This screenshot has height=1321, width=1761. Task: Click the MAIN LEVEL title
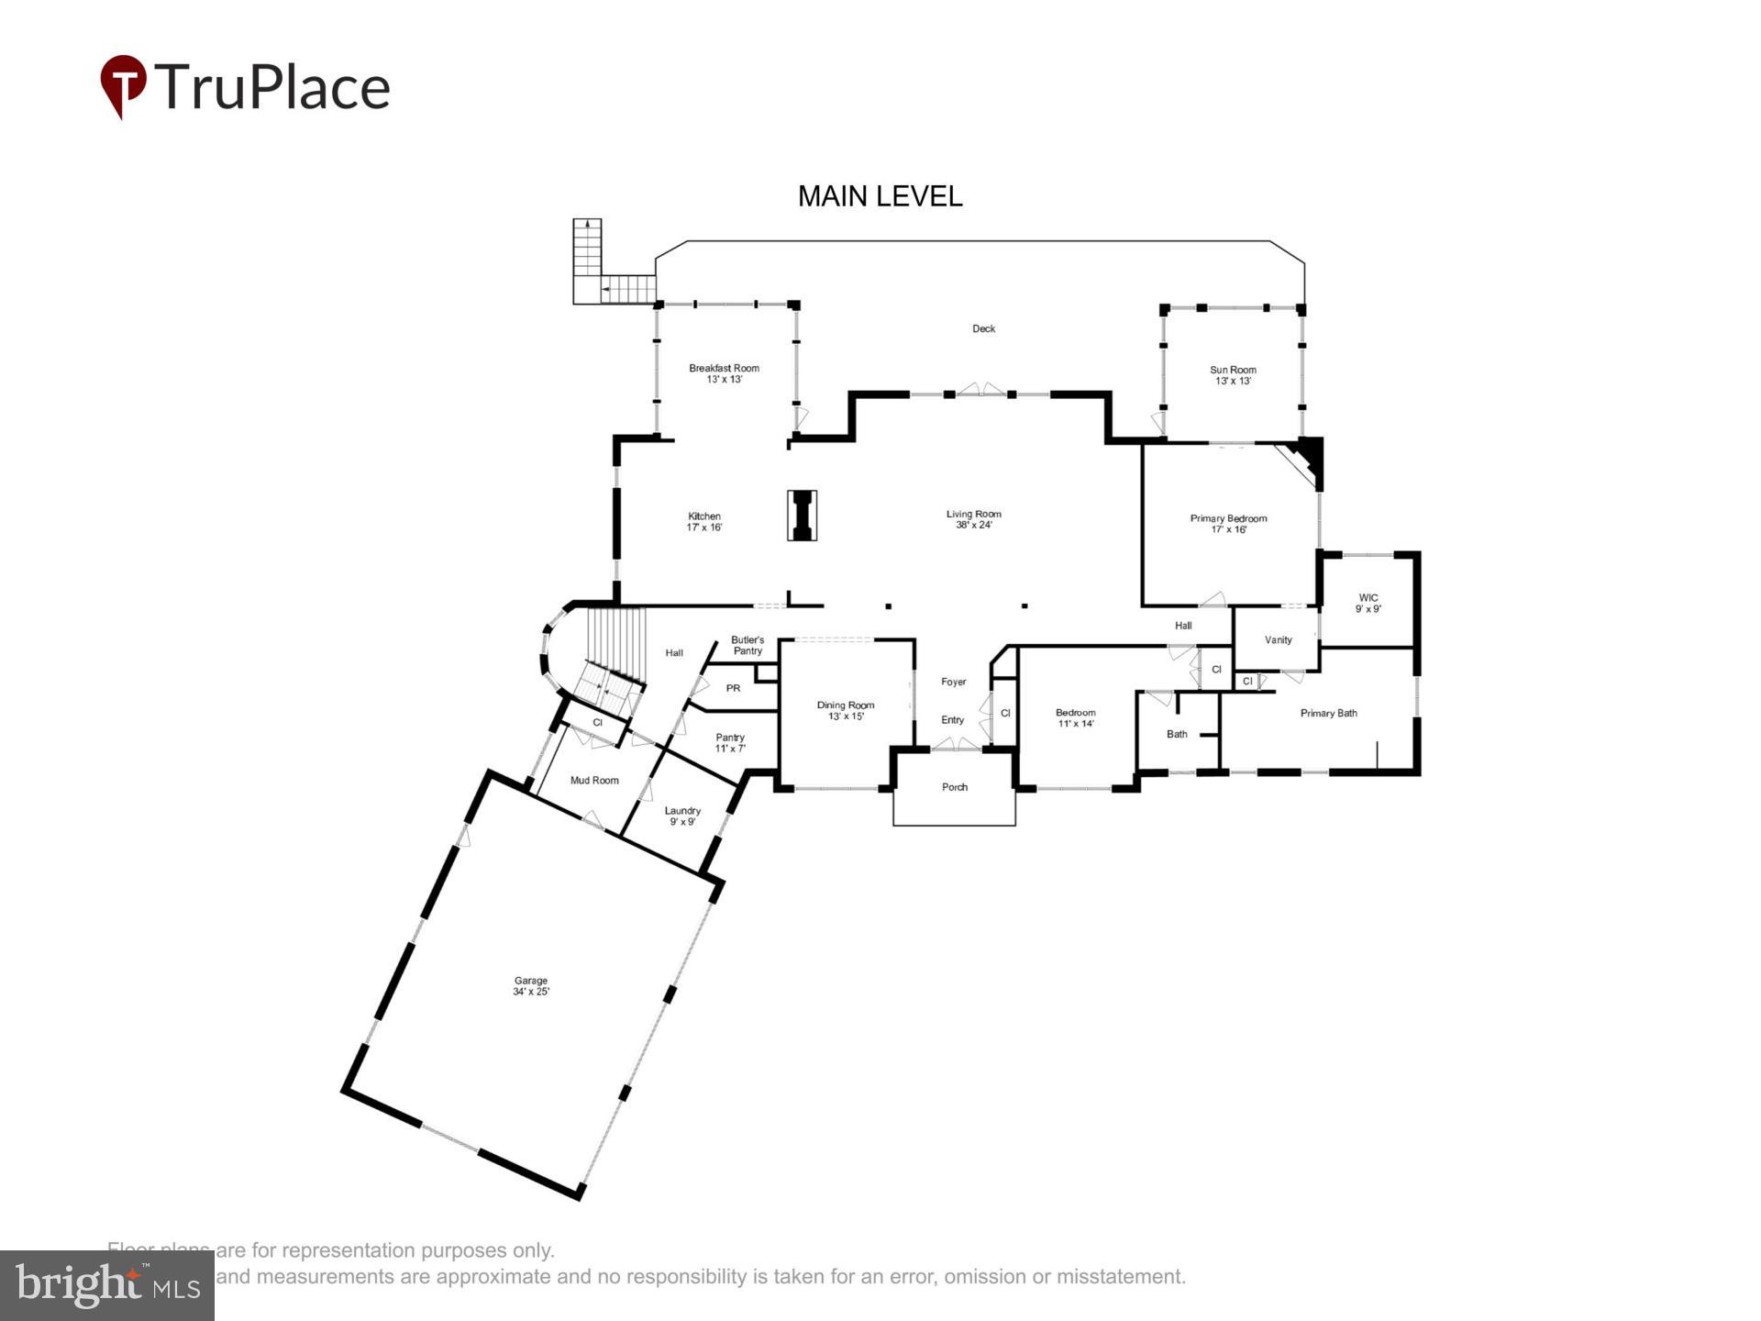[880, 196]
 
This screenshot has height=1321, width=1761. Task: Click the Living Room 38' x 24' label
[973, 519]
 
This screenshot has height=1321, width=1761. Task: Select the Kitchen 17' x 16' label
[704, 521]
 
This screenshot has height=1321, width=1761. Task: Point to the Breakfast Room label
[724, 373]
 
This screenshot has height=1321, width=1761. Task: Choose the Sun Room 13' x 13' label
[1233, 375]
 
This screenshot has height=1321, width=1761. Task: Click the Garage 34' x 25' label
[530, 986]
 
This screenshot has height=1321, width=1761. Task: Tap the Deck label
[983, 328]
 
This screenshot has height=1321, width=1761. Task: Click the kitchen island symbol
[803, 516]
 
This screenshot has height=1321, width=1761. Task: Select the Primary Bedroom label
[1228, 523]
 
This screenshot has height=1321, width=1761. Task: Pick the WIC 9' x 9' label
[1368, 603]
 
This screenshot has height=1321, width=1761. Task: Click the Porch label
[954, 787]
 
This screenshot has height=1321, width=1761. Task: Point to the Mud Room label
[594, 781]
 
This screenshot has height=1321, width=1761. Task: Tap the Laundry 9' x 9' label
[682, 816]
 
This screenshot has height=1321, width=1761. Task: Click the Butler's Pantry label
[748, 645]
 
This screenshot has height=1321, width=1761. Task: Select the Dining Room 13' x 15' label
[846, 710]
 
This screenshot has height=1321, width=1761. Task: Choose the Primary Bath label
[1328, 713]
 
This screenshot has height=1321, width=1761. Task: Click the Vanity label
[1278, 640]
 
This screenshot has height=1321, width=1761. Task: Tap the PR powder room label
[733, 688]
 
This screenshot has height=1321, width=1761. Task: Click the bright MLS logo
[107, 1285]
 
